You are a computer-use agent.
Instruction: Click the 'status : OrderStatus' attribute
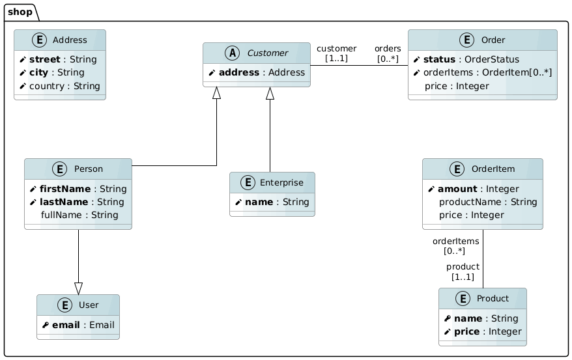point(464,59)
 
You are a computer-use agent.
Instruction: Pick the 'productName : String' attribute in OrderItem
point(487,202)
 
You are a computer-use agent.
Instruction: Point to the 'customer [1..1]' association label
point(336,53)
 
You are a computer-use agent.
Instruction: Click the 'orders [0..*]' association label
point(388,53)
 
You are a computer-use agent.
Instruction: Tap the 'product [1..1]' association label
point(463,271)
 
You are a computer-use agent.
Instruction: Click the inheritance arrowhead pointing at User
point(78,288)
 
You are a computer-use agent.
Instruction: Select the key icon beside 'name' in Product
point(448,318)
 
